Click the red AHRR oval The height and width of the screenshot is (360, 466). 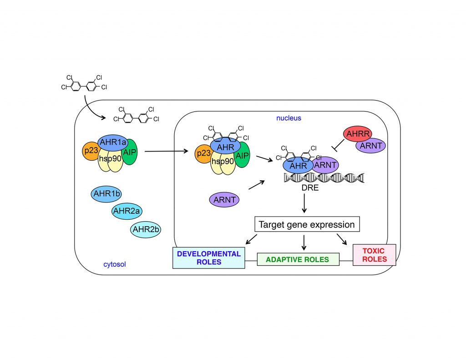(x=358, y=134)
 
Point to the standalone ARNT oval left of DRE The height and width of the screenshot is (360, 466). (x=224, y=199)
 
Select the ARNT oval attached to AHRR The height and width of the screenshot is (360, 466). (x=371, y=146)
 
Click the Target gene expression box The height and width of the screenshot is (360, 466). (x=307, y=224)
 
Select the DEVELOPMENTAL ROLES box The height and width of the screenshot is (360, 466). (x=208, y=258)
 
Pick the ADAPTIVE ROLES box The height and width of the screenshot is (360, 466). (x=299, y=259)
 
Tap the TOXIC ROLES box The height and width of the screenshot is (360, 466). (x=374, y=255)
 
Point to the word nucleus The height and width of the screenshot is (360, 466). (x=289, y=118)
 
